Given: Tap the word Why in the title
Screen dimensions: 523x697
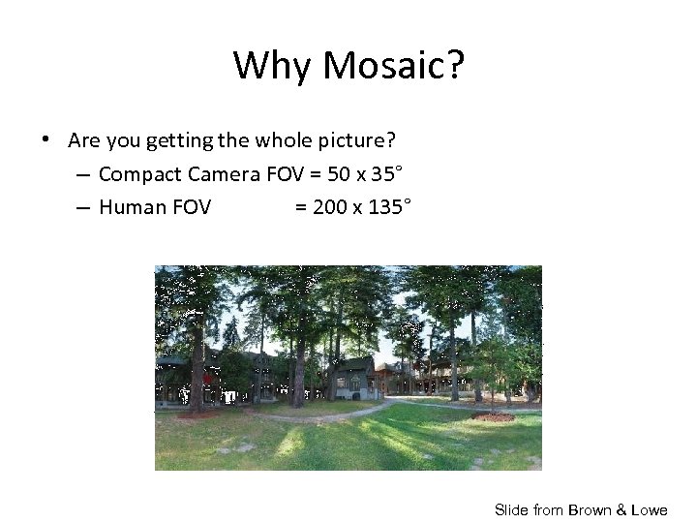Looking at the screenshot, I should (x=275, y=66).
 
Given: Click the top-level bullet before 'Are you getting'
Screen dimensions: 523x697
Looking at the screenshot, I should (x=46, y=140).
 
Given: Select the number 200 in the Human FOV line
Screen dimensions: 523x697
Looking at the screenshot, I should (x=330, y=206).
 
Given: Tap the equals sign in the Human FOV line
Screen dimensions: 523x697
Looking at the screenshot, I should (x=301, y=206).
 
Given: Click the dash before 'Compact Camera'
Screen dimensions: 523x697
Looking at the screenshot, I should (x=82, y=174).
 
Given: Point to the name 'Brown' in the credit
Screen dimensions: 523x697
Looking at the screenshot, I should (x=591, y=509).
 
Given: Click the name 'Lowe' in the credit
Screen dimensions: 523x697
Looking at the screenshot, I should (x=648, y=509).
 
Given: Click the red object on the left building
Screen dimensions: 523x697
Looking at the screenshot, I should (x=207, y=380).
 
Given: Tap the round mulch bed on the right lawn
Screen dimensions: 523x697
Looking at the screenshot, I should (x=494, y=417).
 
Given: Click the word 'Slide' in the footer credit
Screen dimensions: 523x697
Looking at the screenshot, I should (x=512, y=509).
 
